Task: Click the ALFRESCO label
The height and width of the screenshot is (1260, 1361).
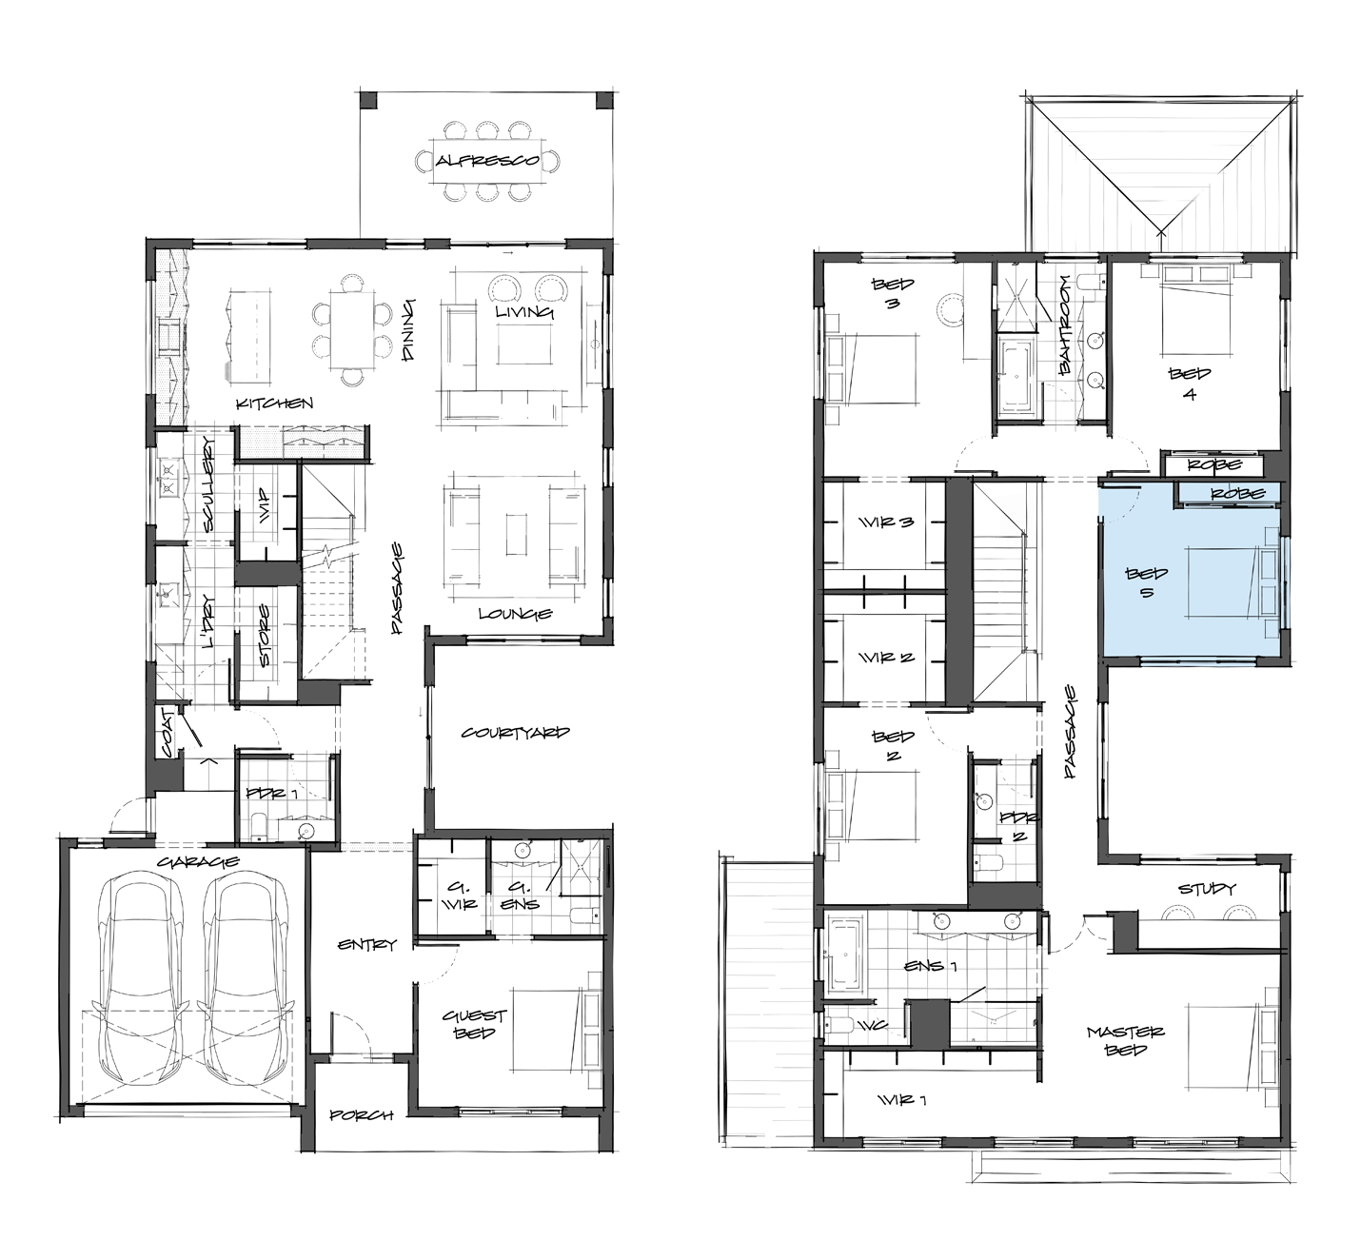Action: pos(487,161)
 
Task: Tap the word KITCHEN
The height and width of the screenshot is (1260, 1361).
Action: pos(274,404)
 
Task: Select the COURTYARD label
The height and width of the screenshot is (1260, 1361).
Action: pos(515,733)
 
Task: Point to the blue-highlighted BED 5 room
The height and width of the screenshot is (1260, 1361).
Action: pos(1190,570)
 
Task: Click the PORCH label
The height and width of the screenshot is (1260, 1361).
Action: pos(361,1115)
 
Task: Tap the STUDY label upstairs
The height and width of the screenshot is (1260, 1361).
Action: pos(1207,889)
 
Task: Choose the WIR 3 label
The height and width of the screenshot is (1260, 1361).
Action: pos(886,522)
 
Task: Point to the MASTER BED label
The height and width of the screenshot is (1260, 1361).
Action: pos(1125,1040)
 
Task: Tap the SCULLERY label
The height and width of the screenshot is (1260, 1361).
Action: pos(209,484)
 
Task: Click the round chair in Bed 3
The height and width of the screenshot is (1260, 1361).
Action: pos(950,310)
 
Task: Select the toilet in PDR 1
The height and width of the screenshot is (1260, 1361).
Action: pos(258,826)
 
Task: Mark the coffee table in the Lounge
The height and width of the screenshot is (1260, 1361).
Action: pos(516,533)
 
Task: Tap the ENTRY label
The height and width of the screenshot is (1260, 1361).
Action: pos(367,945)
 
